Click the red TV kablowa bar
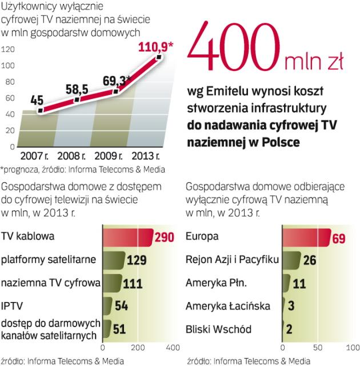pyautogui.click(x=126, y=237)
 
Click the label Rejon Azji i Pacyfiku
pyautogui.click(x=233, y=260)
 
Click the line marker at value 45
pyautogui.click(x=40, y=110)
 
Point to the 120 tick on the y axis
pyautogui.click(x=7, y=50)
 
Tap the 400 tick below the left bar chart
pyautogui.click(x=172, y=347)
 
